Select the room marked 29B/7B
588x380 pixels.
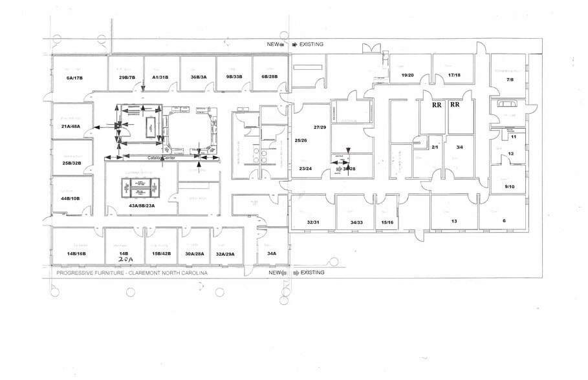[126, 78]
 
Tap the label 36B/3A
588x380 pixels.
[198, 78]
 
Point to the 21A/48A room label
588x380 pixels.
[71, 126]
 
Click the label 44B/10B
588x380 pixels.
[70, 198]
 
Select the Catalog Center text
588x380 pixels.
[162, 157]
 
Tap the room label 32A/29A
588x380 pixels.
[225, 254]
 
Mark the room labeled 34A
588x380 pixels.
[272, 254]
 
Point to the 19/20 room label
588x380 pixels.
[408, 75]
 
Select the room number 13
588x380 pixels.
[454, 221]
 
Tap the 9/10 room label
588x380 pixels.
[510, 187]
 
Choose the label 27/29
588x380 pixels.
[319, 129]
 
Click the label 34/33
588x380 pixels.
[356, 222]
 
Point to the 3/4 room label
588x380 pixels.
[460, 147]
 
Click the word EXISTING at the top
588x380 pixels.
[311, 45]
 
